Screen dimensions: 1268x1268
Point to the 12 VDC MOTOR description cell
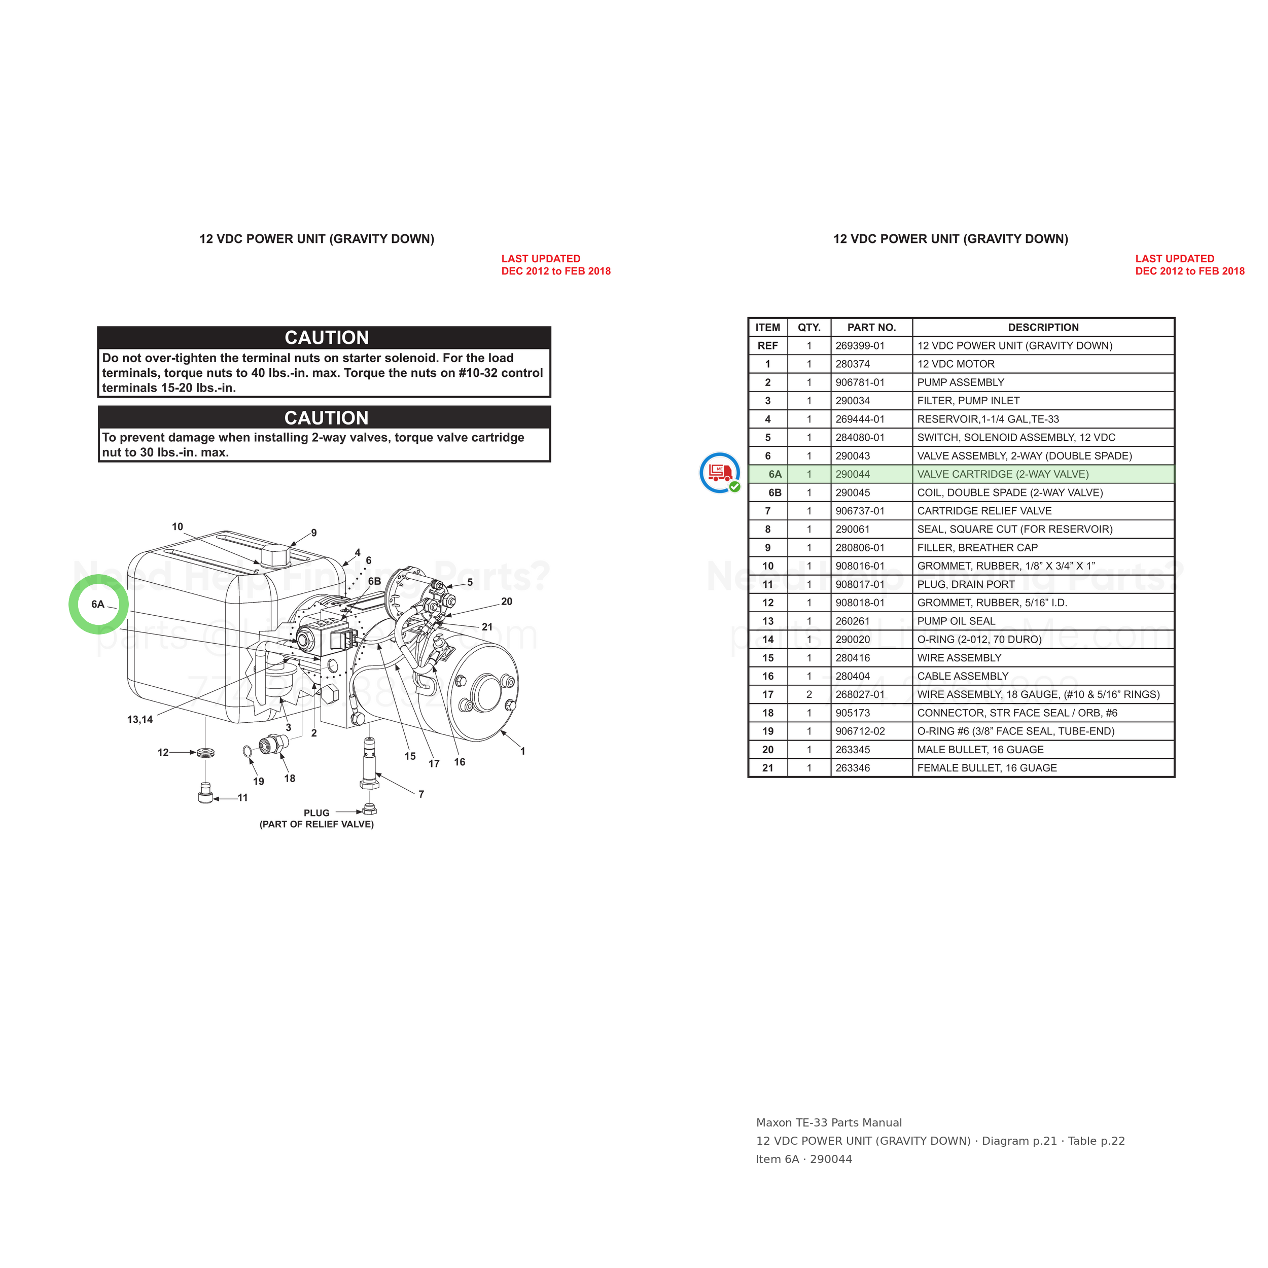[956, 364]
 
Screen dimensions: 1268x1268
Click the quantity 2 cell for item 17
[808, 694]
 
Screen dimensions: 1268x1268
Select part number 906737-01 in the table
[860, 511]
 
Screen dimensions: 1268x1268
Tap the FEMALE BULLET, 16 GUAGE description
[987, 768]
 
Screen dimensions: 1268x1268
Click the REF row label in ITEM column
[767, 346]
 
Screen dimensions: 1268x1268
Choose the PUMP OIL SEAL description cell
[956, 621]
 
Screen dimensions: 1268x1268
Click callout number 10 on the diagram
[177, 526]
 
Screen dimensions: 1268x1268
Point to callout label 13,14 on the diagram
[140, 719]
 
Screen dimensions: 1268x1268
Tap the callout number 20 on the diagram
[507, 601]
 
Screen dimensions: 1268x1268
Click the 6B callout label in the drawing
[374, 581]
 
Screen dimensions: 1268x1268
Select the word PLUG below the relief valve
[316, 813]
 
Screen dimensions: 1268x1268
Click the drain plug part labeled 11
[205, 793]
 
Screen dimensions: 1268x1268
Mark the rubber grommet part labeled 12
[205, 752]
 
